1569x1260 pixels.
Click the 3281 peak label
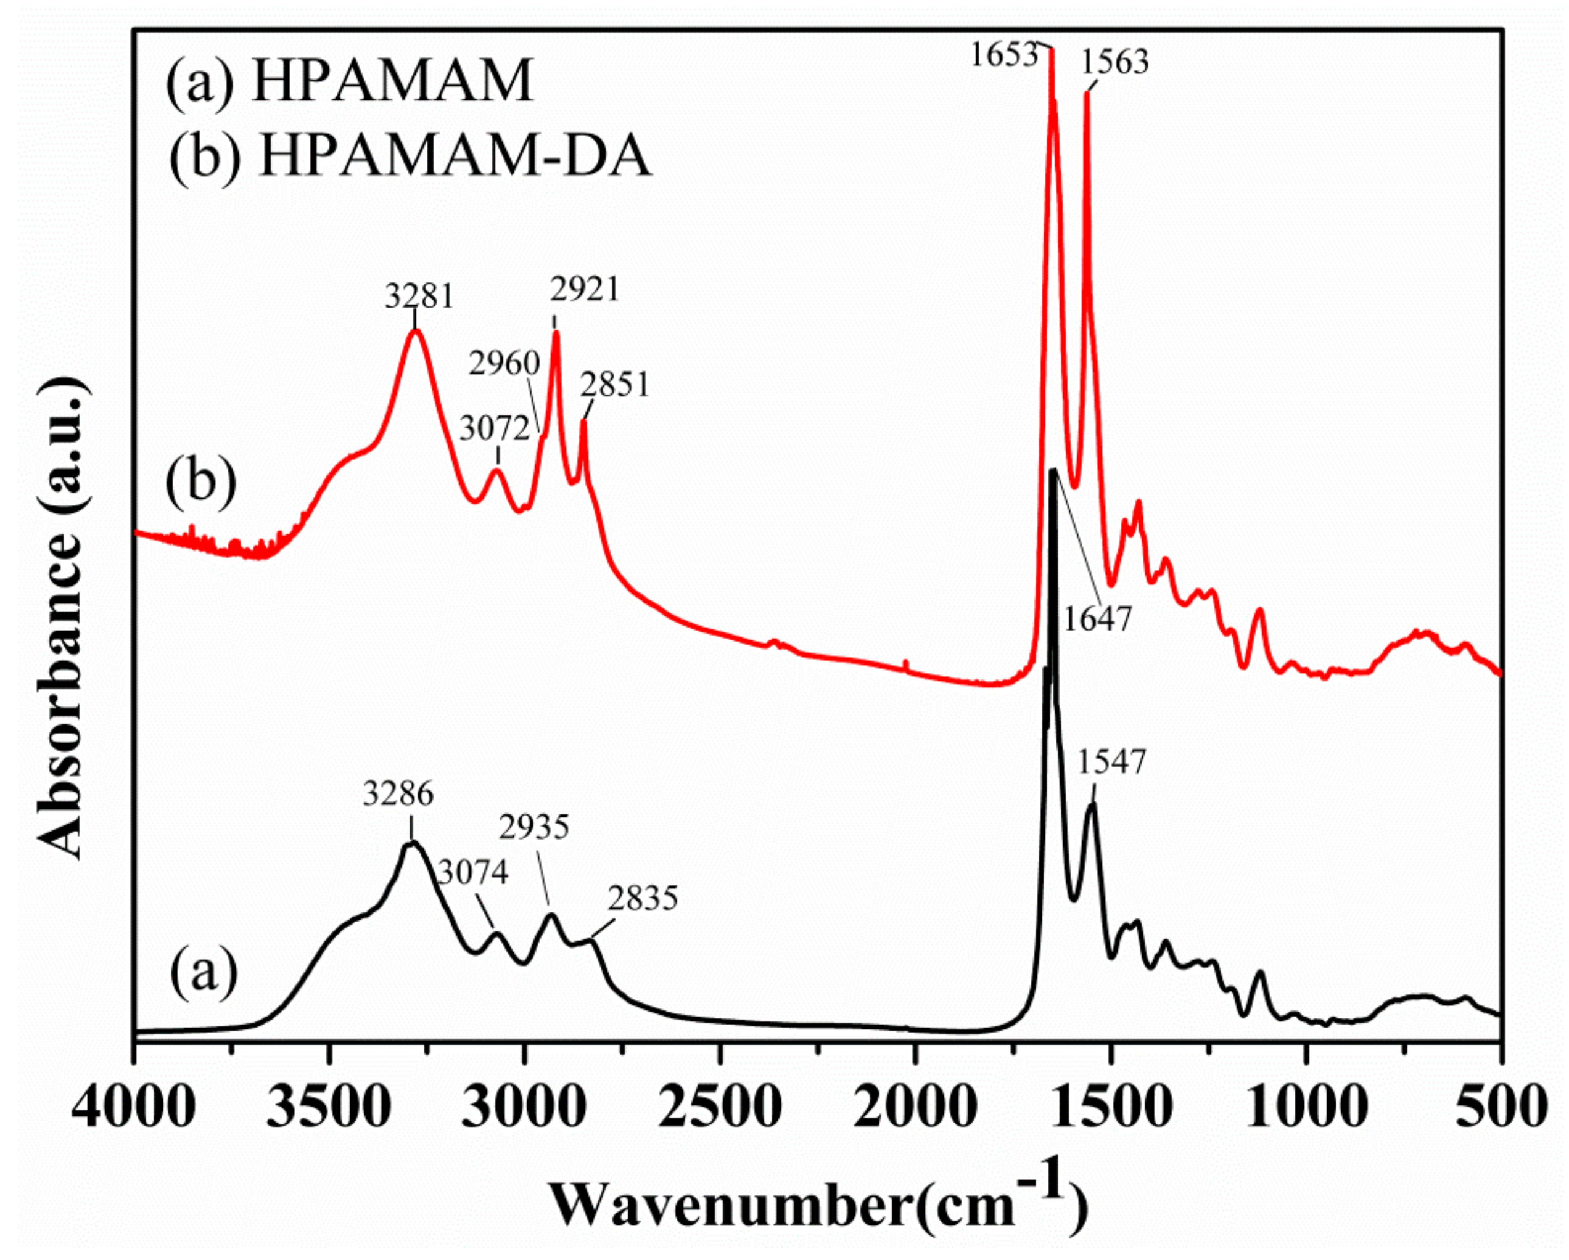click(x=419, y=297)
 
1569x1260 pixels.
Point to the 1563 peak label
click(x=1114, y=62)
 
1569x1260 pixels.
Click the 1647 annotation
click(x=1097, y=619)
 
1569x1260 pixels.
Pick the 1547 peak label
click(x=1111, y=763)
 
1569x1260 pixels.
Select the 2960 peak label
click(x=504, y=363)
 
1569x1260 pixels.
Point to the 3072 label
click(x=494, y=429)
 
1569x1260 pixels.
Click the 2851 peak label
click(x=614, y=385)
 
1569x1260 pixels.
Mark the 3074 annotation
click(x=473, y=873)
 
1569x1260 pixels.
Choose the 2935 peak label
click(x=534, y=827)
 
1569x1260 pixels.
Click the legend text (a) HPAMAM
click(x=349, y=81)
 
